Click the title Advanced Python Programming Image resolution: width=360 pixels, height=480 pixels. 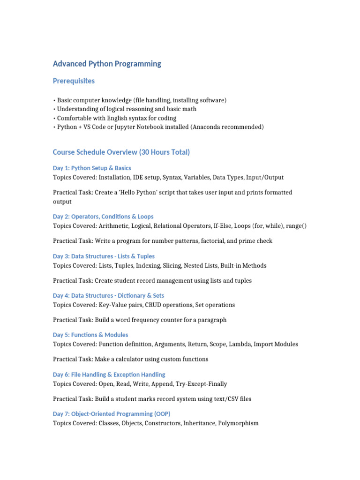(107, 64)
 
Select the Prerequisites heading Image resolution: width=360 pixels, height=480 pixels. (74, 81)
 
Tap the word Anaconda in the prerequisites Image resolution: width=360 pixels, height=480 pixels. (207, 127)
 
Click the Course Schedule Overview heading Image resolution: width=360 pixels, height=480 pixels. (121, 152)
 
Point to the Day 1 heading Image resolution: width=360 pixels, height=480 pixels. (92, 168)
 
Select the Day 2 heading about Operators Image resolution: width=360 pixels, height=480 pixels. (103, 217)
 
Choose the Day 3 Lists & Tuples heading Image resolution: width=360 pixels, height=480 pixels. (104, 256)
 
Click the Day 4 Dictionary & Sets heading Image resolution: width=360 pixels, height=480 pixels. (108, 296)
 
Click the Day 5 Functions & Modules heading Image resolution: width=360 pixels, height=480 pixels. (90, 335)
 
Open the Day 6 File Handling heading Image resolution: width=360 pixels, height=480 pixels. (109, 375)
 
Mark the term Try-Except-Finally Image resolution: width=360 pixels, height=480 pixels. (201, 384)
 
